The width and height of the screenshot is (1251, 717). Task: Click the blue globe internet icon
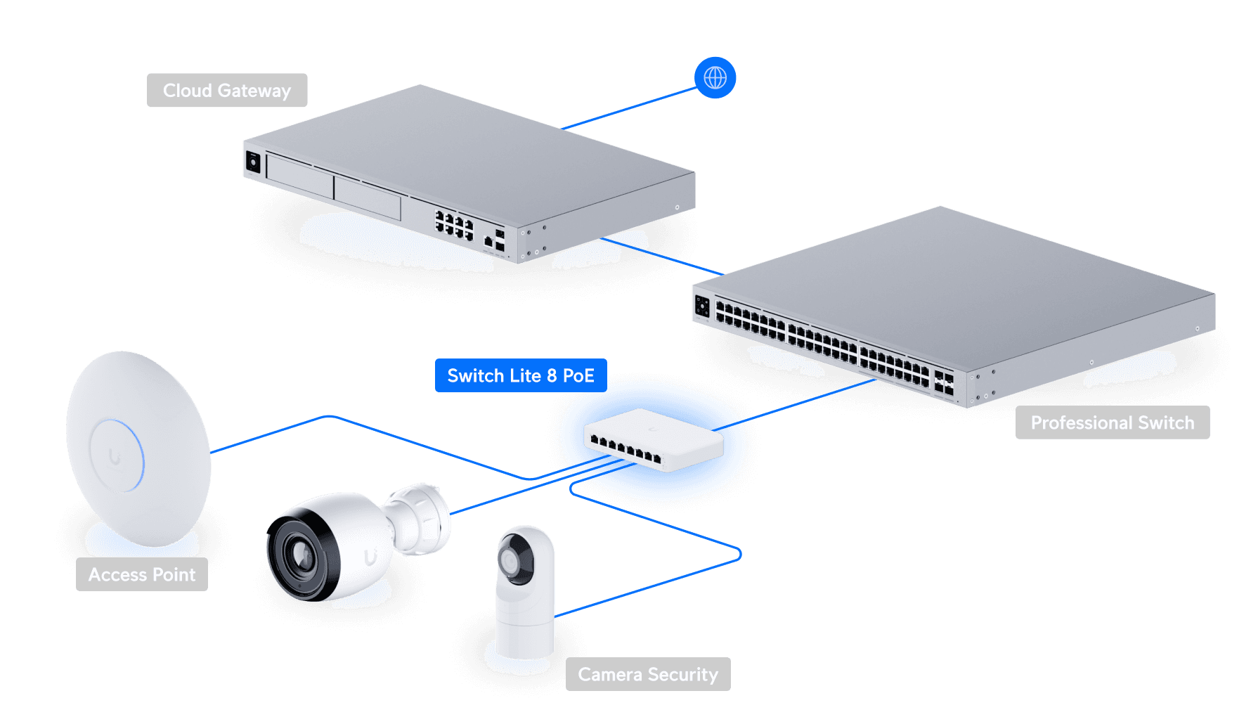(715, 77)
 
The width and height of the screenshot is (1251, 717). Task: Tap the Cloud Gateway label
(227, 90)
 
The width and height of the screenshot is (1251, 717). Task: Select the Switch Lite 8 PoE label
(521, 375)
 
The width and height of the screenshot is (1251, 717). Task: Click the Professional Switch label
(1113, 422)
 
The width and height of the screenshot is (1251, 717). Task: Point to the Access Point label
(142, 574)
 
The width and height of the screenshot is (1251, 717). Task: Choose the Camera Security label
(648, 674)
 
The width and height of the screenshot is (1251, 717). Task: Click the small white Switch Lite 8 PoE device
(654, 439)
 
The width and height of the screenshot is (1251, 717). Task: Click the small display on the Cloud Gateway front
(253, 162)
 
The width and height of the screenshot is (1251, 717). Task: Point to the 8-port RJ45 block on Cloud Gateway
(454, 224)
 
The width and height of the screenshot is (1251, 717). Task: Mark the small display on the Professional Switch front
(702, 306)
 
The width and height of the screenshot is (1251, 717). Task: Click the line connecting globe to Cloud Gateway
(629, 109)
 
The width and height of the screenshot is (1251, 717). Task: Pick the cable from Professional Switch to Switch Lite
(794, 405)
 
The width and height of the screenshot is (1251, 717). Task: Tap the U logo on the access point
(115, 457)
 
